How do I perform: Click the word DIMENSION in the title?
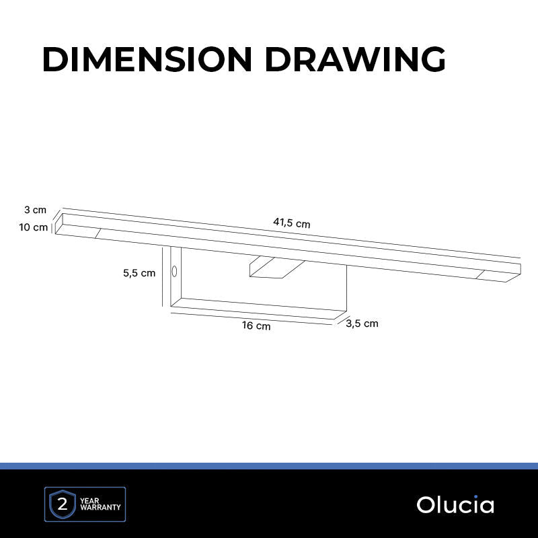pyautogui.click(x=147, y=59)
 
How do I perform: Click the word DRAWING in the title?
pyautogui.click(x=356, y=59)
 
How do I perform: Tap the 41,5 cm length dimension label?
pyautogui.click(x=292, y=223)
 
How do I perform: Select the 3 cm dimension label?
pyautogui.click(x=36, y=210)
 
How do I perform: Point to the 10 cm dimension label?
pyautogui.click(x=33, y=227)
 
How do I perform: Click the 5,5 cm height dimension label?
pyautogui.click(x=139, y=273)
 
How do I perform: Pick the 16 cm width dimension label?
pyautogui.click(x=256, y=325)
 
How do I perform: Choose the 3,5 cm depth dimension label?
pyautogui.click(x=362, y=323)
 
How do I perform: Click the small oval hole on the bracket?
pyautogui.click(x=174, y=271)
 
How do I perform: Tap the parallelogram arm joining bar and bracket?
pyautogui.click(x=276, y=267)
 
